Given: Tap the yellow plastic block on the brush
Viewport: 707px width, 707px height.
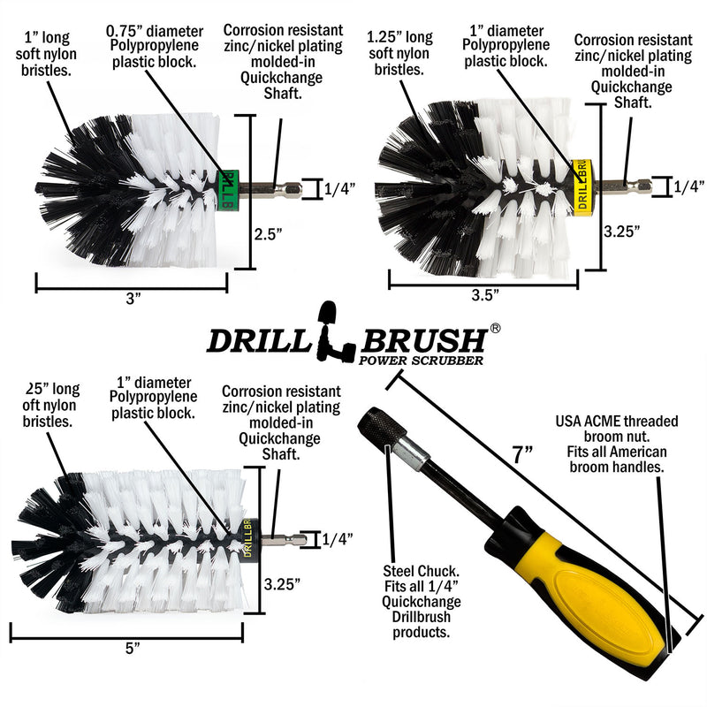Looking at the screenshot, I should click(581, 183).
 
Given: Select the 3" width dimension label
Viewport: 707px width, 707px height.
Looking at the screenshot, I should click(133, 299).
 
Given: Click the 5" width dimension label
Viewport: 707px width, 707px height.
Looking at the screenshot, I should click(133, 649).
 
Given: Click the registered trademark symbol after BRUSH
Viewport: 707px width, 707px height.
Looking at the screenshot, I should click(496, 327).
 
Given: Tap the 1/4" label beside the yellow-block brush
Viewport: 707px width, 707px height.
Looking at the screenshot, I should click(688, 186).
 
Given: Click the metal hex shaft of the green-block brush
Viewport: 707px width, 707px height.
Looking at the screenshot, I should click(265, 187).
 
